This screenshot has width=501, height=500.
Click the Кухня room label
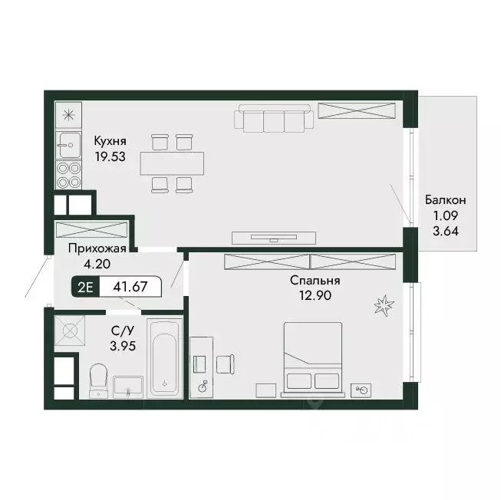[x=110, y=141]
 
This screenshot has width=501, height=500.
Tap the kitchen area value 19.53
[x=110, y=156]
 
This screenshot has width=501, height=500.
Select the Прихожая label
[x=97, y=248]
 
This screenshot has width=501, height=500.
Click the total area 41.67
[x=130, y=286]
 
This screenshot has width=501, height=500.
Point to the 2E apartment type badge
[x=86, y=287]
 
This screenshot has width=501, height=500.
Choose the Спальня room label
[x=315, y=281]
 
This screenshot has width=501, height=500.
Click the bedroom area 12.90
[x=315, y=296]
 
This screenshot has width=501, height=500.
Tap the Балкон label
[x=446, y=200]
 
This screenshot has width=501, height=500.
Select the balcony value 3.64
[x=446, y=231]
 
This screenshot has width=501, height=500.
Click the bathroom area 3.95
[x=123, y=346]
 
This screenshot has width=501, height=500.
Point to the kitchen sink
[x=68, y=145]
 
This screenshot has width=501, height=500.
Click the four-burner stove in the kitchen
[x=68, y=176]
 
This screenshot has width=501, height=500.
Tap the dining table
[x=172, y=163]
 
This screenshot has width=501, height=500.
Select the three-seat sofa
[x=274, y=117]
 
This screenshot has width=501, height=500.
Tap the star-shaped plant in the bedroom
[x=384, y=305]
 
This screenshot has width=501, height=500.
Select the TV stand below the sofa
[x=274, y=238]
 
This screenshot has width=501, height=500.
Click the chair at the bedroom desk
[x=226, y=364]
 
